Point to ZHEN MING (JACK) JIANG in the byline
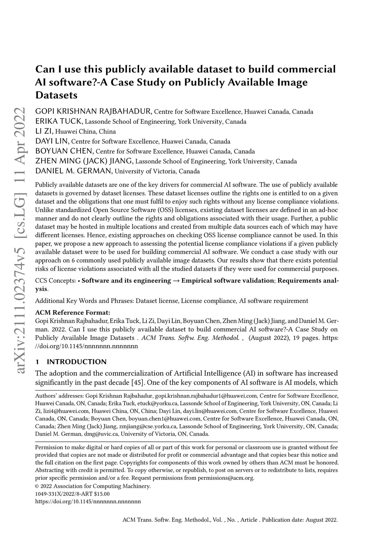point(84,161)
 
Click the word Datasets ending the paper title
point(56,95)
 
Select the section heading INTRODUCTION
point(76,362)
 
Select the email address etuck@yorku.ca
point(158,403)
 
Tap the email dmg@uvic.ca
point(105,434)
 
